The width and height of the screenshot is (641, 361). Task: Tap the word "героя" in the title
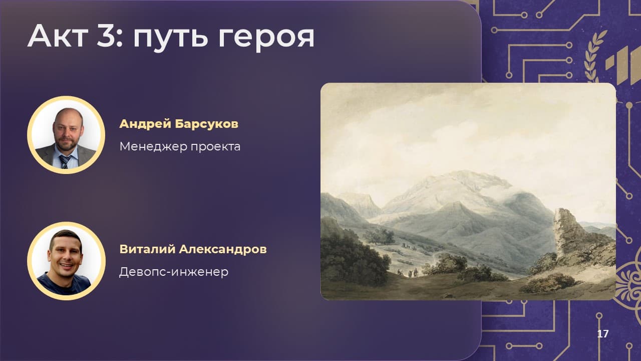(x=266, y=39)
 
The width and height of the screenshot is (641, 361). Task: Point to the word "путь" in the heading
(x=171, y=39)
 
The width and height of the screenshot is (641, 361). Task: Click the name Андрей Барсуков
(x=179, y=124)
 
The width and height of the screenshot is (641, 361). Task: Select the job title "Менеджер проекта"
(x=180, y=147)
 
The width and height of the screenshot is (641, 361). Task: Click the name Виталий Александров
(x=193, y=249)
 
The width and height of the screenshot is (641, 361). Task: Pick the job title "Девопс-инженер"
(x=174, y=272)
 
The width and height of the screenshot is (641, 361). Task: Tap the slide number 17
(x=602, y=334)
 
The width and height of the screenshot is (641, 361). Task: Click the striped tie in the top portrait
(x=65, y=161)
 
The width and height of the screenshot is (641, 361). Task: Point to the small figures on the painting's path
(x=409, y=273)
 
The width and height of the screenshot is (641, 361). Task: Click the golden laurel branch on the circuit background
(x=593, y=57)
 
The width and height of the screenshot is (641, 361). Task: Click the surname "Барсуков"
(x=207, y=124)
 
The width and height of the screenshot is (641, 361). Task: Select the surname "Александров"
(x=223, y=249)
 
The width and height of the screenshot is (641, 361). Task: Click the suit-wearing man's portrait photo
(x=66, y=135)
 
